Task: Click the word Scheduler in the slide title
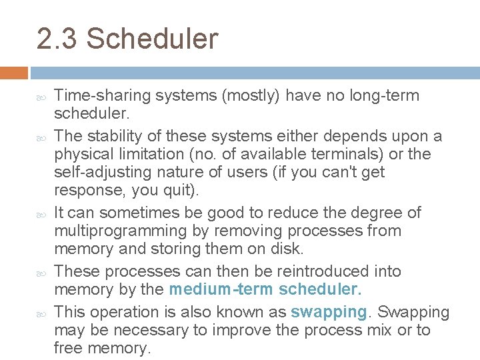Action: click(151, 39)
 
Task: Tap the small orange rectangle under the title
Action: click(14, 72)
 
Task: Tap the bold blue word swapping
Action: click(329, 313)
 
